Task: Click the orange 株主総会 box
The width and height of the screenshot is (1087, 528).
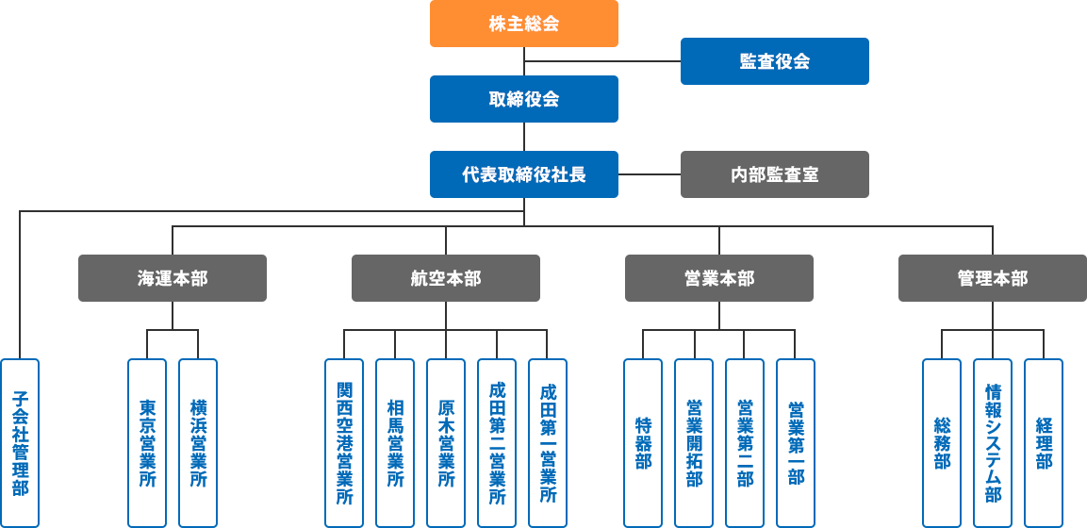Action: point(524,24)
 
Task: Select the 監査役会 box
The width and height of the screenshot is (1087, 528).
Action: point(774,61)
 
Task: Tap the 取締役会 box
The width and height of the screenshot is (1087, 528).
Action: point(524,99)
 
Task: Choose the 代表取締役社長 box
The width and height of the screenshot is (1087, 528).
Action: point(524,174)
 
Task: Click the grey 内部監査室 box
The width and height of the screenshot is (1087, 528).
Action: point(774,174)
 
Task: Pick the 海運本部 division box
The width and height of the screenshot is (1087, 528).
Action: point(173,278)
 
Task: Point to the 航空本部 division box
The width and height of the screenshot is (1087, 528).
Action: point(446,278)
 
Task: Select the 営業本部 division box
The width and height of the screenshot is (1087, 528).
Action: point(719,278)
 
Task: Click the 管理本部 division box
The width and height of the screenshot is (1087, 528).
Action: point(992,278)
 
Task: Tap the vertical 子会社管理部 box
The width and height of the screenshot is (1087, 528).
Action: point(20,443)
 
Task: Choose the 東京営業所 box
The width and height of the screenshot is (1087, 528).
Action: point(147,443)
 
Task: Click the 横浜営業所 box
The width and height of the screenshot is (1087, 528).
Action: point(198,443)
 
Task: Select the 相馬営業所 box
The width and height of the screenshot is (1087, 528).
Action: point(395,443)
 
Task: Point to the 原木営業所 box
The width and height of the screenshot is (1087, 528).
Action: point(446,443)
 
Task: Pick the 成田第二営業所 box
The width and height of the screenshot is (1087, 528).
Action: point(497,443)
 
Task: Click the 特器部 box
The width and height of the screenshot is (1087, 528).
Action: point(643,443)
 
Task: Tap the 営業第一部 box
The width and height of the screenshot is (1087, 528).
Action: point(796,443)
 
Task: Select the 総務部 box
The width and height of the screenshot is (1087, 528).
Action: point(942,443)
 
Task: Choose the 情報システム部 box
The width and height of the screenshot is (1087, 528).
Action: point(993,443)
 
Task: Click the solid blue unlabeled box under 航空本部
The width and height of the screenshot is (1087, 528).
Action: point(344,443)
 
